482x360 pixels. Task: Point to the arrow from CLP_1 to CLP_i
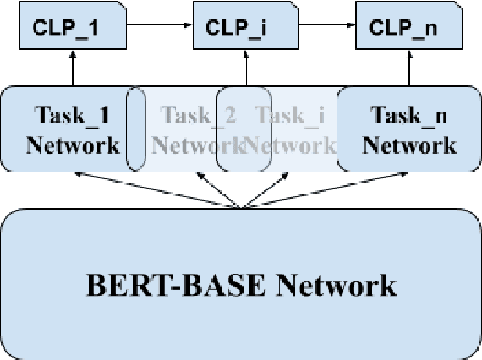click(x=159, y=25)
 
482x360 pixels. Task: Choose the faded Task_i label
click(x=292, y=113)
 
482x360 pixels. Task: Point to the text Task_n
click(x=408, y=113)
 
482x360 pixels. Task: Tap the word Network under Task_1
click(x=73, y=145)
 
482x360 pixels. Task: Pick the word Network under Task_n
click(x=410, y=145)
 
